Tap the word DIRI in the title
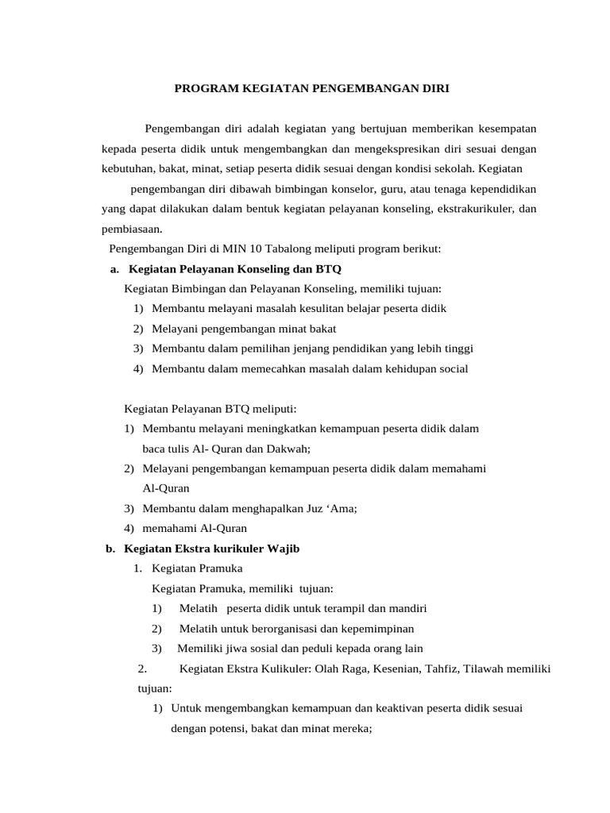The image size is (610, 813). point(432,88)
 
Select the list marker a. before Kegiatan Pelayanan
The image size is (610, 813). point(114,269)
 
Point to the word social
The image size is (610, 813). point(452,368)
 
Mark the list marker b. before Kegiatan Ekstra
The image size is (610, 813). point(111,549)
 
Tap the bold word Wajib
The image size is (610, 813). point(284,549)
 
